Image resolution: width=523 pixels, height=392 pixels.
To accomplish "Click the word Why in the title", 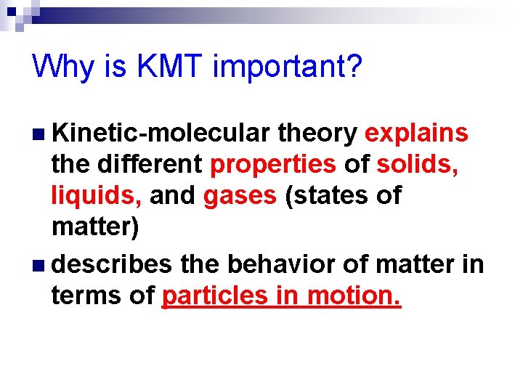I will [x=63, y=68].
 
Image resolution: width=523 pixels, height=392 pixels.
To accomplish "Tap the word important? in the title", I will [x=288, y=68].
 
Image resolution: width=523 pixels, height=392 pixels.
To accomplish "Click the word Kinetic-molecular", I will [x=161, y=134].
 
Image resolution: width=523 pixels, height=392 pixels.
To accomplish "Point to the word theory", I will [x=317, y=134].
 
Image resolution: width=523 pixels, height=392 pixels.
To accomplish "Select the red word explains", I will [x=416, y=134].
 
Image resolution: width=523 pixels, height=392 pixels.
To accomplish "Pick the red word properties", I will [x=273, y=166].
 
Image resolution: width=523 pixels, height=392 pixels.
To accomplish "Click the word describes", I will [x=112, y=264].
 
